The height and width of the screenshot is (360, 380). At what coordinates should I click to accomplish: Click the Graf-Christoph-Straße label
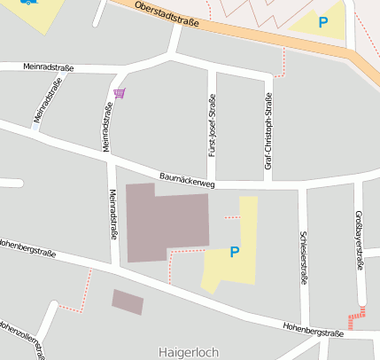coord(268,122)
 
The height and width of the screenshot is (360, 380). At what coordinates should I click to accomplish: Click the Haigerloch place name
coord(188,352)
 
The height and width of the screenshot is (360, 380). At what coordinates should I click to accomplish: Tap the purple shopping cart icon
coord(119,92)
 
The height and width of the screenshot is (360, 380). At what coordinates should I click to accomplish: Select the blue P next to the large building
coord(234,253)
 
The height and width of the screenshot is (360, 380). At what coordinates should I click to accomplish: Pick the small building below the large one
coord(127,301)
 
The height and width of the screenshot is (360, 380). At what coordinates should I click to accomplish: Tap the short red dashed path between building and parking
coord(232,215)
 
